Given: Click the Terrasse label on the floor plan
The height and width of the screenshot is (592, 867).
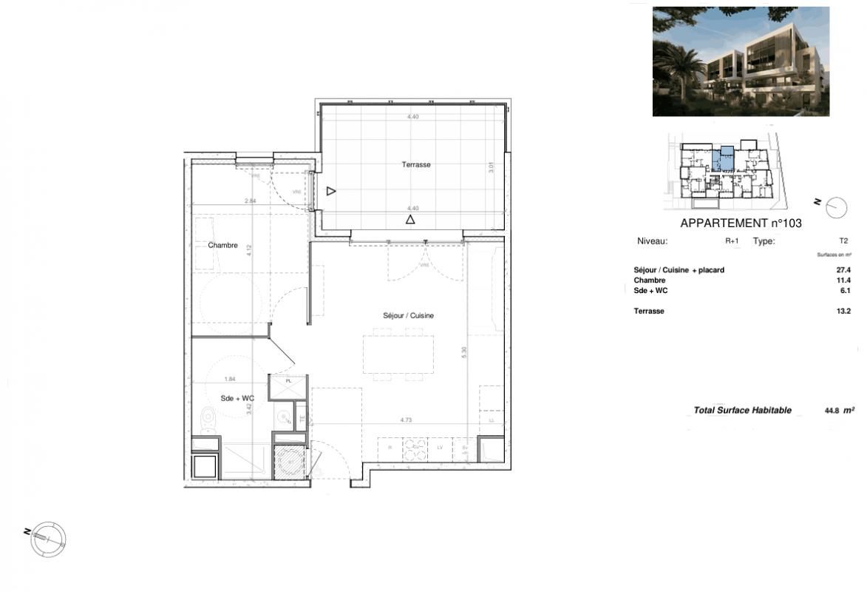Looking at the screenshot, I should pyautogui.click(x=416, y=165).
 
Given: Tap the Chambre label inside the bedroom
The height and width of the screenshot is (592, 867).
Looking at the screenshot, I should pyautogui.click(x=222, y=246).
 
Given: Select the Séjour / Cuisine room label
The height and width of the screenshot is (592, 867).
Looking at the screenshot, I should pyautogui.click(x=408, y=316).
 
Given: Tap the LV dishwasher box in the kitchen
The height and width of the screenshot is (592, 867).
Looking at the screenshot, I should pyautogui.click(x=440, y=448).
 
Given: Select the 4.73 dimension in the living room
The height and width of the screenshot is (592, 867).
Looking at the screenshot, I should pyautogui.click(x=406, y=420).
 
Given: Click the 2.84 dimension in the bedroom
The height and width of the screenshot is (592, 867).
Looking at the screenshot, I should pyautogui.click(x=251, y=201).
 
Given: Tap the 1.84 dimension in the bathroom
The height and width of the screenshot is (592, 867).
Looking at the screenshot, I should pyautogui.click(x=230, y=380).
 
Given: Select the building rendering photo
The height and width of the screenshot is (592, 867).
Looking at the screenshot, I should pyautogui.click(x=741, y=61).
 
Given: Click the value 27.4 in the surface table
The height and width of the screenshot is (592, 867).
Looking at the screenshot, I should pyautogui.click(x=843, y=271).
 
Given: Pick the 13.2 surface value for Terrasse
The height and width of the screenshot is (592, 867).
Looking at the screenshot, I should pyautogui.click(x=843, y=312).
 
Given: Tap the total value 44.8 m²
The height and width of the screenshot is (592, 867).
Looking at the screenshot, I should pyautogui.click(x=839, y=410).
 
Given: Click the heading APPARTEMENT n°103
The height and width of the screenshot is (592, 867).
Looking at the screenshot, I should pyautogui.click(x=741, y=223).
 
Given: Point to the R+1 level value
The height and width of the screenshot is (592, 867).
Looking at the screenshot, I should pyautogui.click(x=731, y=241).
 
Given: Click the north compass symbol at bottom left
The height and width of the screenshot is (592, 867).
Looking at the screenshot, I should pyautogui.click(x=48, y=538).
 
